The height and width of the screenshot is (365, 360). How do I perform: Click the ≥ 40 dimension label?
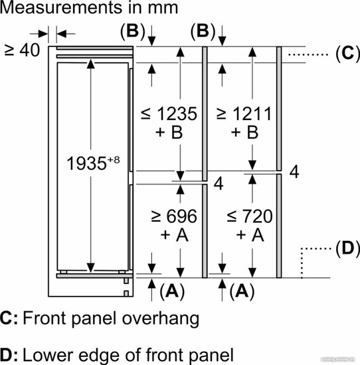[x=22, y=50]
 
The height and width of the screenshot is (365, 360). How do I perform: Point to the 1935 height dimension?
[x=86, y=163]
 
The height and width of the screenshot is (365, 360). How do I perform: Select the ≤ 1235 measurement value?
[x=169, y=114]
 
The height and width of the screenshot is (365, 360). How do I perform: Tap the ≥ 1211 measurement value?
[x=244, y=114]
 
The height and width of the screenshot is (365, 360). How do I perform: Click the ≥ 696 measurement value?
[x=174, y=216]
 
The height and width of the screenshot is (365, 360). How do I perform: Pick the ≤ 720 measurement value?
[x=250, y=216]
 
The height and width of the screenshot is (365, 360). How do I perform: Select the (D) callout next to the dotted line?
[x=348, y=248]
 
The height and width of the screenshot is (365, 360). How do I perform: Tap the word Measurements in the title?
[x=62, y=7]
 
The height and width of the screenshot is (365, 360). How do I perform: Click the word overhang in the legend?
[x=161, y=319]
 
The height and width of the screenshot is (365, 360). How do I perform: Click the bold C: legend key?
[x=9, y=318]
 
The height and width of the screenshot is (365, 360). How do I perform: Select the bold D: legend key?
[x=9, y=355]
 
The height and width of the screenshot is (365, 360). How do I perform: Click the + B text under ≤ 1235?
[x=169, y=133]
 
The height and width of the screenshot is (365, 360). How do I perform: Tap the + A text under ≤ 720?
[x=250, y=235]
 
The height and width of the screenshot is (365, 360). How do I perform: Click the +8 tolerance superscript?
[x=114, y=160]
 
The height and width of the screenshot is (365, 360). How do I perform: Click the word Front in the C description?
[x=46, y=318]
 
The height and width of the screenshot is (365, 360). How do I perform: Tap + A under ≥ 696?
[x=174, y=235]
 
